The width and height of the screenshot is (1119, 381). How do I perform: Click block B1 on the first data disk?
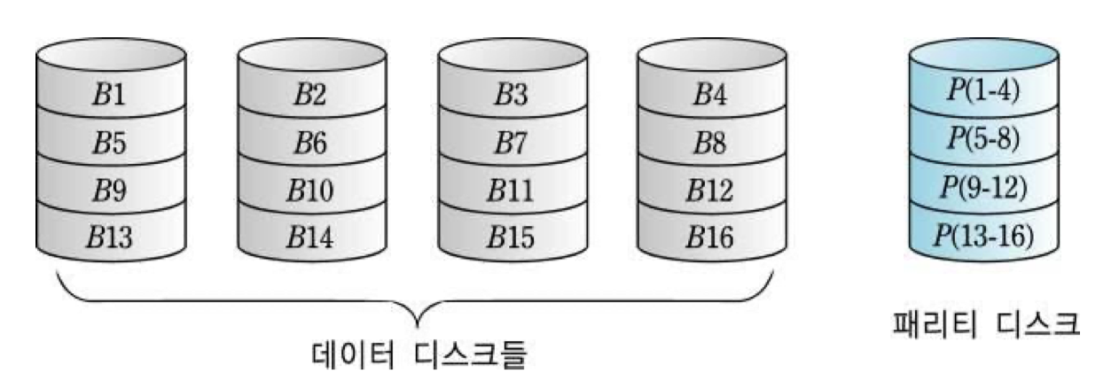click(109, 94)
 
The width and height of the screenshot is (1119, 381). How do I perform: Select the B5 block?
click(109, 141)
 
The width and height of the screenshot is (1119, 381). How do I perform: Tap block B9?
click(109, 189)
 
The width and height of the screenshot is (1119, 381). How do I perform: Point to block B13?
click(109, 237)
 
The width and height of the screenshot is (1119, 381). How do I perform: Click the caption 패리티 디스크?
click(984, 323)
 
